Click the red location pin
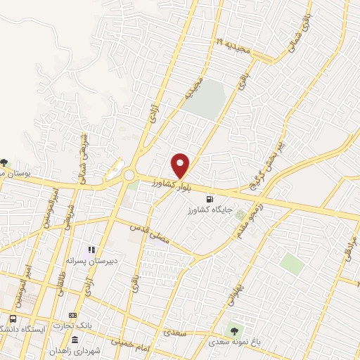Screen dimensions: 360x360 click(x=181, y=166)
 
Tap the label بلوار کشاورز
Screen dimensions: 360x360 click(x=170, y=185)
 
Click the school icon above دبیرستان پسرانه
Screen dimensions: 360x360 click(x=91, y=250)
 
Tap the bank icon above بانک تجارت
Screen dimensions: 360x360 click(x=72, y=316)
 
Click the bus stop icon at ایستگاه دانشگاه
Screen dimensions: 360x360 click(x=13, y=319)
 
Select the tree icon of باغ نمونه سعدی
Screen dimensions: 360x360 click(x=233, y=330)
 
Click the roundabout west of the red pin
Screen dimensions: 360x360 click(x=129, y=174)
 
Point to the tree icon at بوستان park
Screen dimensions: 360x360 click(x=6, y=162)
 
